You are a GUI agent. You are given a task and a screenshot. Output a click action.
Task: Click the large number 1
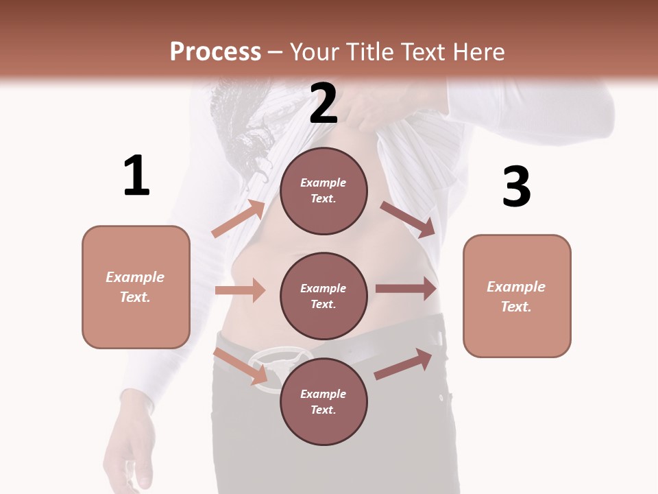(136, 176)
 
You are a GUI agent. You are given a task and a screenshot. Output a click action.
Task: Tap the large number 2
(324, 104)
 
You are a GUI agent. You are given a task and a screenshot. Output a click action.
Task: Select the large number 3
(516, 187)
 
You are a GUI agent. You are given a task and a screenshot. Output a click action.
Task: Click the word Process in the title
(215, 51)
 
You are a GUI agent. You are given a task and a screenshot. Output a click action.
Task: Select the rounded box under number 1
(136, 287)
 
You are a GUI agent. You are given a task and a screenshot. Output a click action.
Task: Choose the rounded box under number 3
(517, 296)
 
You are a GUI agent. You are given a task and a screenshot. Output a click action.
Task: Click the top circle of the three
(324, 191)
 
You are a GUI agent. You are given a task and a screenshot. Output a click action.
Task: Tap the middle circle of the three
(324, 296)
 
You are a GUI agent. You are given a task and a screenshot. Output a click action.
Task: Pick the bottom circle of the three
(324, 401)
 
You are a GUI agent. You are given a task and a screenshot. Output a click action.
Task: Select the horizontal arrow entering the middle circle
(240, 290)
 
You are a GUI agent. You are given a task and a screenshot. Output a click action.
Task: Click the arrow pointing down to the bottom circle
(241, 366)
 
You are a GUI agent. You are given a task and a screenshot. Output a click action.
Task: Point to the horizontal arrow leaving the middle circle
(406, 289)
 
